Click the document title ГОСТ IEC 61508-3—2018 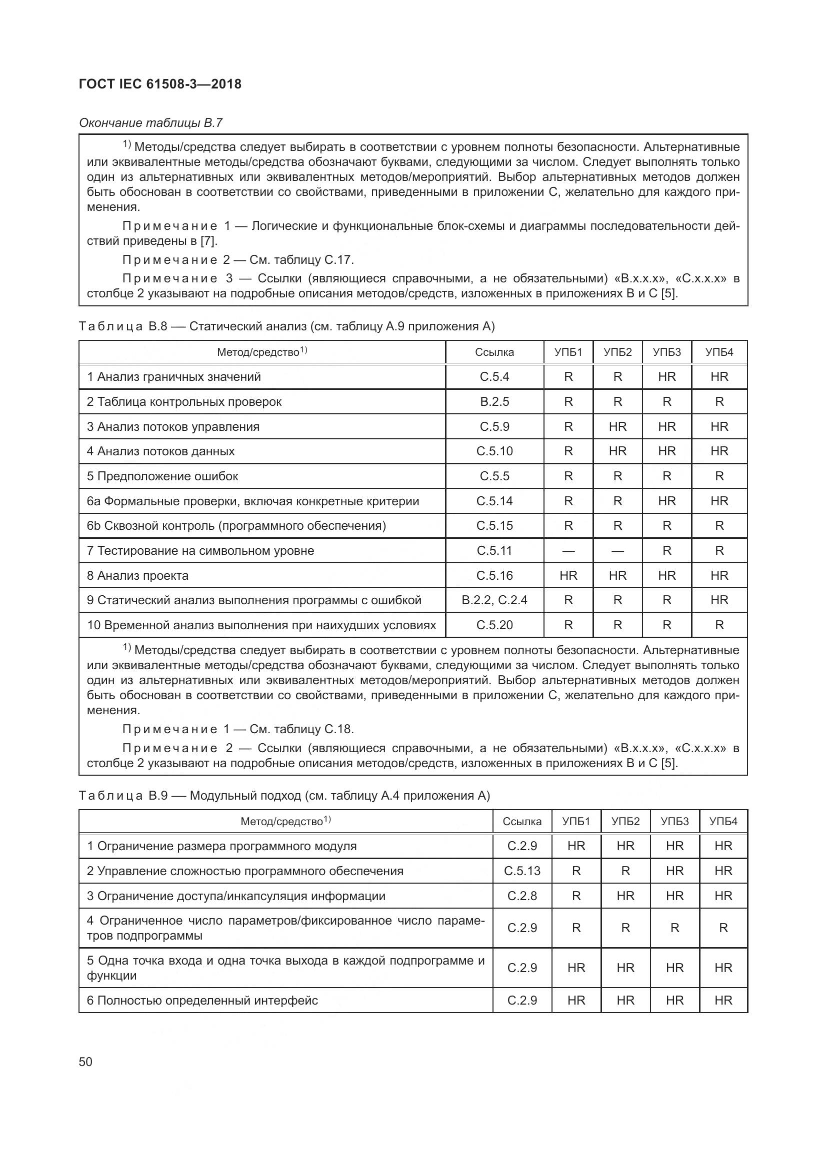point(160,84)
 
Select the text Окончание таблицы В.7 point(150,123)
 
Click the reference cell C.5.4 point(494,377)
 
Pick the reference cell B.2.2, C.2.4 point(494,600)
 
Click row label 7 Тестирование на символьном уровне point(200,550)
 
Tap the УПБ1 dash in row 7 point(568,551)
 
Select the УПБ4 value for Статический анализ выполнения point(719,600)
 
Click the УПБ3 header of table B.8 point(666,352)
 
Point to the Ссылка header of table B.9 point(521,821)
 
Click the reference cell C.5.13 point(522,871)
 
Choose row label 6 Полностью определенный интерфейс point(202,1001)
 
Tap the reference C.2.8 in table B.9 point(522,896)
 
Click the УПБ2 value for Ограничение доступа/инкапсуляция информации point(625,896)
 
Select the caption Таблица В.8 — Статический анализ point(286,326)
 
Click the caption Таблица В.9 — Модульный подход point(284,796)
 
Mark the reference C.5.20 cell point(494,625)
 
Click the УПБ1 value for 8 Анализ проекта point(568,576)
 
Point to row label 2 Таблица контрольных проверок point(184,402)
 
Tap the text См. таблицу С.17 point(301,260)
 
